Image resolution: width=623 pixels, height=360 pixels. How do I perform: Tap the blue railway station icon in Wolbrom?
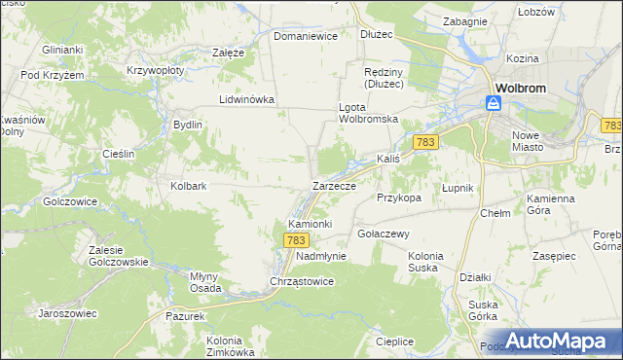[x=495, y=101]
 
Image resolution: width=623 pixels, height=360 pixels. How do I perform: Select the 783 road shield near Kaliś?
[x=424, y=142]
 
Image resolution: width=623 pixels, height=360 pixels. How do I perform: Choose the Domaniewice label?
[x=305, y=36]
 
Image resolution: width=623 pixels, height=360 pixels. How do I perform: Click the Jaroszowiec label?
[x=67, y=313]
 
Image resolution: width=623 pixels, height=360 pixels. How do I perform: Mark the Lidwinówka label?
[x=247, y=99]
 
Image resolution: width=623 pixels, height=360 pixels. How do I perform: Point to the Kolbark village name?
[x=189, y=185]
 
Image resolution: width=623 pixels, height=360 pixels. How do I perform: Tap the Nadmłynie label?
[x=321, y=256]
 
